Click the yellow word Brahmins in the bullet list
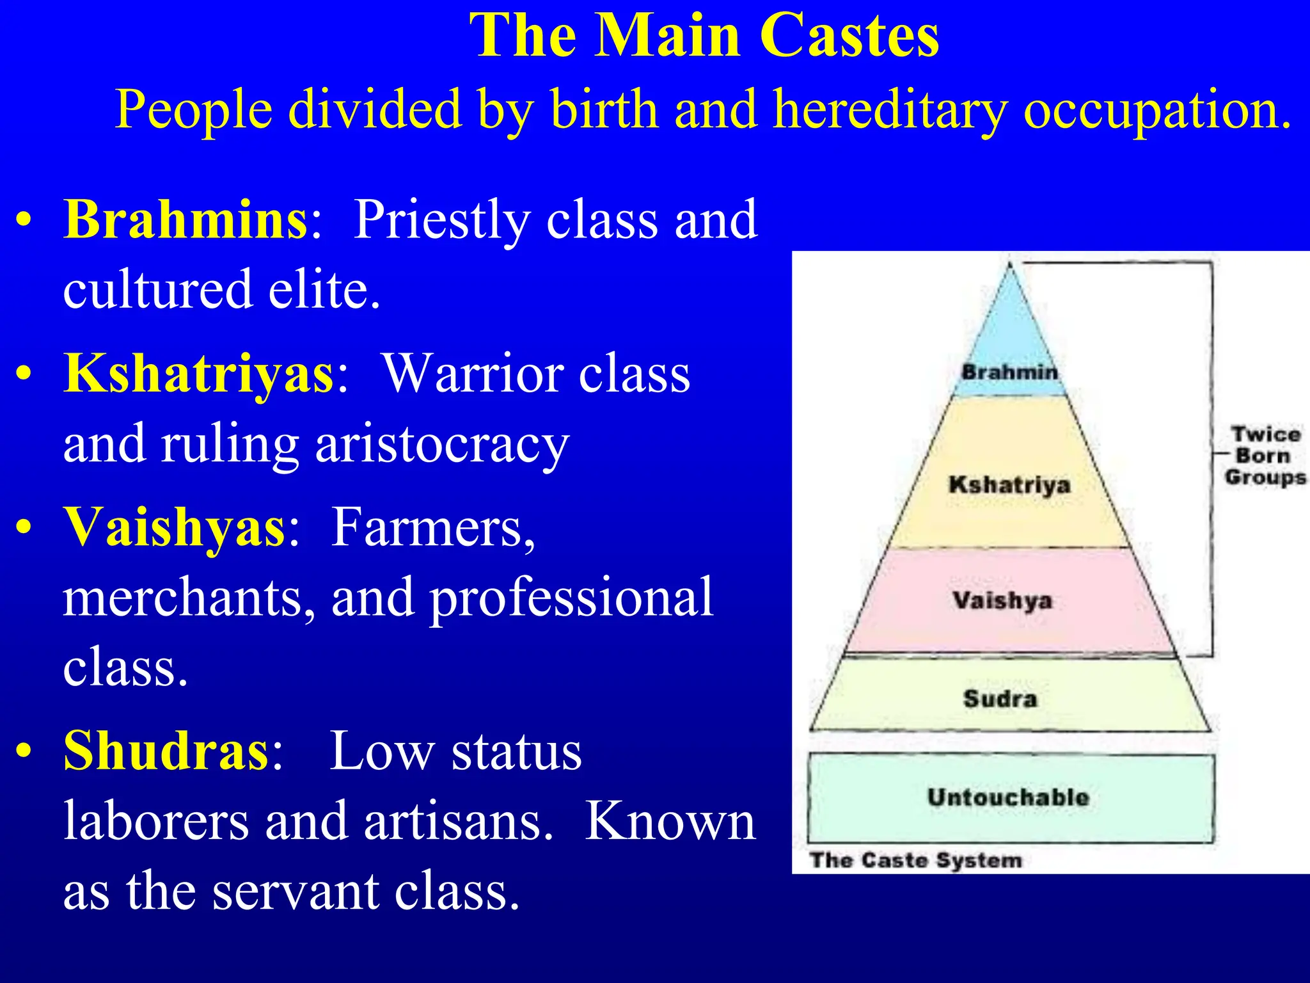point(185,220)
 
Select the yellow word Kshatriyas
point(198,374)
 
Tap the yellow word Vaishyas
point(174,527)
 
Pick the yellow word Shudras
point(166,751)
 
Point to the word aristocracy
point(441,444)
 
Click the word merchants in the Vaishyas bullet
point(189,598)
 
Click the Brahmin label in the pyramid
point(1009,372)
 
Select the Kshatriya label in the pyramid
point(1009,484)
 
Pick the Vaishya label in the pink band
point(1002,600)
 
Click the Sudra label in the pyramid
point(1000,698)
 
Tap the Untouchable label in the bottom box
point(1008,797)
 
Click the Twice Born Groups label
point(1265,456)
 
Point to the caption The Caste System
point(916,860)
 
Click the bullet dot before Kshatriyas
point(24,374)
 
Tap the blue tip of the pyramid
point(1010,320)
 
